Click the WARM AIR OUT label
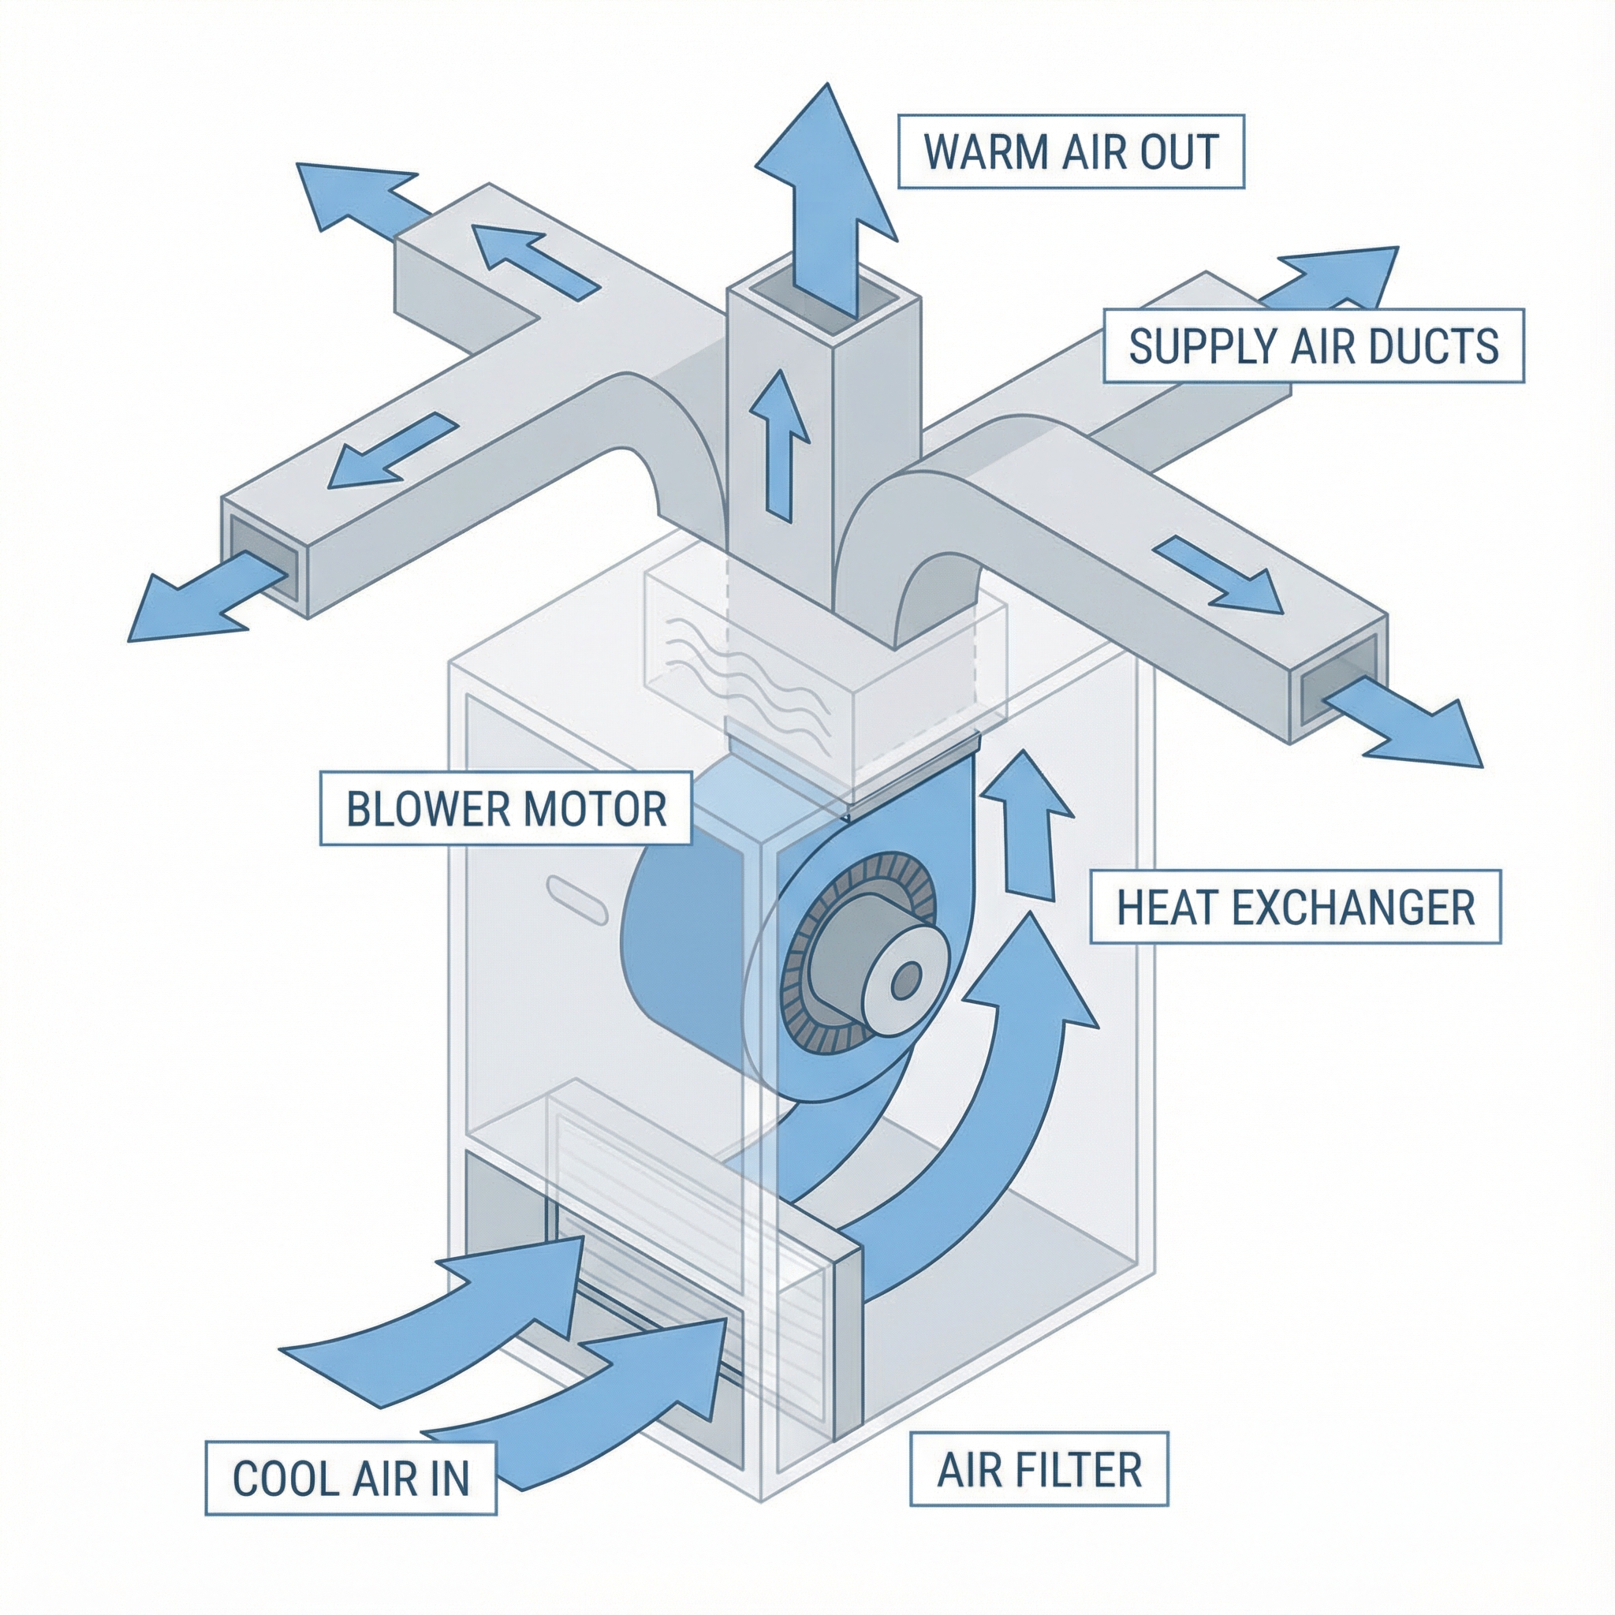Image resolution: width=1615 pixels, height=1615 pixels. point(1071,151)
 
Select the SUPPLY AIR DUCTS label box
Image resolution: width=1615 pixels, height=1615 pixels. point(1313,346)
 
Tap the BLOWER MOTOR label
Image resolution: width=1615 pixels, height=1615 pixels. point(505,808)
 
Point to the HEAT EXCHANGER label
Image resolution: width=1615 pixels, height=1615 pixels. point(1295,907)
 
